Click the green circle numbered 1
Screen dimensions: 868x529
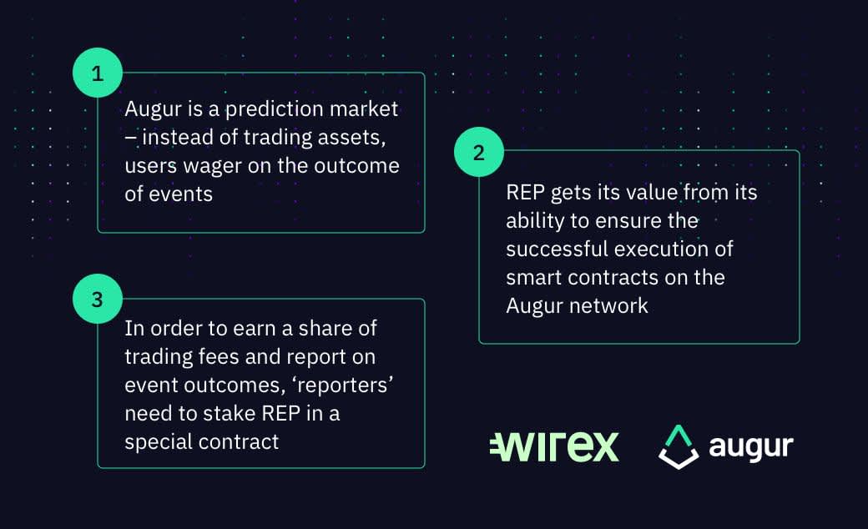pos(98,73)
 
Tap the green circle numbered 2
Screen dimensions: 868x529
pos(479,152)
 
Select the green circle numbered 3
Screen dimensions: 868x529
pos(98,299)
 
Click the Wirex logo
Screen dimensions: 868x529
pos(554,446)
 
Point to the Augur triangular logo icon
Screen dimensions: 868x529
pos(679,447)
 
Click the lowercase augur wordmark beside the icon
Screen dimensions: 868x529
pos(750,447)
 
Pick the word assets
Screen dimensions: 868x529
pos(351,138)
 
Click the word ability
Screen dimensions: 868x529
pos(535,221)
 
